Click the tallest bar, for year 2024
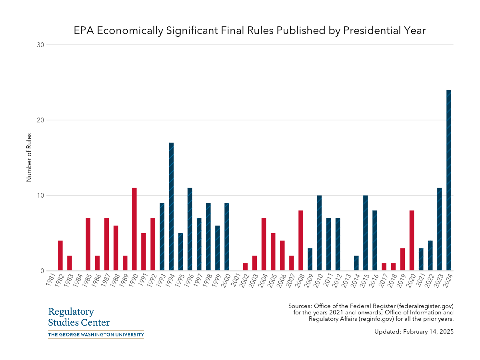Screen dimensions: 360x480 [x=449, y=180]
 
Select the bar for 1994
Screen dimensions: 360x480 [x=171, y=207]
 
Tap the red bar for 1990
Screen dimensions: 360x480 [x=134, y=229]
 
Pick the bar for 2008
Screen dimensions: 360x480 [x=301, y=240]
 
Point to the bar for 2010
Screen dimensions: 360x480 [x=319, y=233]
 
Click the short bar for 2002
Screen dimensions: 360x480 [x=245, y=267]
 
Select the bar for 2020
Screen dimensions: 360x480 [x=412, y=240]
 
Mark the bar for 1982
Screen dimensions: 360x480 [x=60, y=256]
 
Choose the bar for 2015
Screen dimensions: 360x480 [x=366, y=233]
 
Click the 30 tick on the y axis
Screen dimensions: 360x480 [x=40, y=45]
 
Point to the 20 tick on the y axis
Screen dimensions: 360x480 [x=40, y=120]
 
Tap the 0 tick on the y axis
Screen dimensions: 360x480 [x=42, y=271]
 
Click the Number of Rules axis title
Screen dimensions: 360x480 [x=29, y=158]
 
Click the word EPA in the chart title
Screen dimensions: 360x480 [x=83, y=31]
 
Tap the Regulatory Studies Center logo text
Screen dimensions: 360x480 [x=79, y=317]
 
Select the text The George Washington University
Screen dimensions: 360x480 [x=96, y=334]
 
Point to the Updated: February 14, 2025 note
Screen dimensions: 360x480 [x=414, y=332]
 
